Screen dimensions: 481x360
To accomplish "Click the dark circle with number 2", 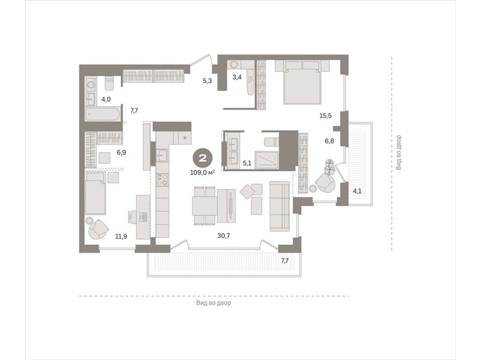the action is (203, 158).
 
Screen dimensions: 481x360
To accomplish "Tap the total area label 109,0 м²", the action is (202, 173).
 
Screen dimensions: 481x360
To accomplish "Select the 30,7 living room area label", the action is (224, 236).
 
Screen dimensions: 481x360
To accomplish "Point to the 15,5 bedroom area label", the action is (325, 116).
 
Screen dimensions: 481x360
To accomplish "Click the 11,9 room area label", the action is (121, 236).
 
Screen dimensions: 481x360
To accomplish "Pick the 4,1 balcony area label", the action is (357, 191).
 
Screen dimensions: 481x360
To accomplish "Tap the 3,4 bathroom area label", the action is (237, 77).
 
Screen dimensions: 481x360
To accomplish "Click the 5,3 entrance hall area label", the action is (207, 81).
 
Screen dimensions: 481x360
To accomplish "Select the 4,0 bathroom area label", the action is (106, 99).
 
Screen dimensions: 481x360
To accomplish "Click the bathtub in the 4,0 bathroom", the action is (103, 114).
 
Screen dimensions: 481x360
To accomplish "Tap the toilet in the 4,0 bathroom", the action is (109, 83).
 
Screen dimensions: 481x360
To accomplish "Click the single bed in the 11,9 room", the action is (96, 193).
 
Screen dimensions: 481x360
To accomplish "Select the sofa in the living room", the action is (280, 206).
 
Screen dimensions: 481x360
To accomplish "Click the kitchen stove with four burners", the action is (162, 179).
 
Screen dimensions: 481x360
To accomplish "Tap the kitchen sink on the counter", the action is (162, 155).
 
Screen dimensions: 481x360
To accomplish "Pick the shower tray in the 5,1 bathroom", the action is (266, 160).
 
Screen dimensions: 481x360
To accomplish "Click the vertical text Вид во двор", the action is (399, 153).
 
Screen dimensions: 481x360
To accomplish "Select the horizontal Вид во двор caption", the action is (214, 303).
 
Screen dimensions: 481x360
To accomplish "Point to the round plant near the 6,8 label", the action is (329, 167).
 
